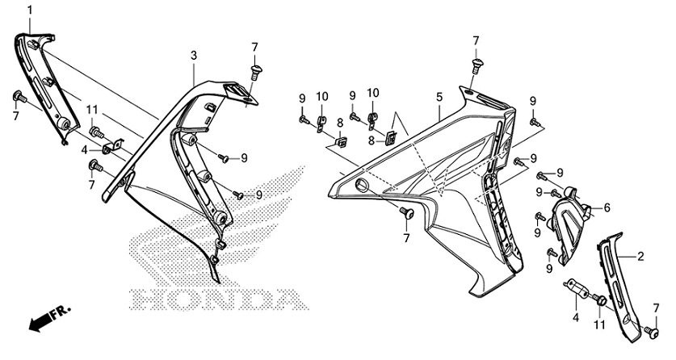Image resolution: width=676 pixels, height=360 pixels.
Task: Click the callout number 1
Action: click(x=30, y=9)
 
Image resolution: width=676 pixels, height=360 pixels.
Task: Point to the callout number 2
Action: click(x=640, y=257)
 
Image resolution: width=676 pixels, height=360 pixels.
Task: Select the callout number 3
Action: click(x=194, y=55)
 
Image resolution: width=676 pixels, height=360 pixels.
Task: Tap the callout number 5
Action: click(x=439, y=97)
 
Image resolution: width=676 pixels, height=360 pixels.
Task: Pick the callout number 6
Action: click(x=607, y=207)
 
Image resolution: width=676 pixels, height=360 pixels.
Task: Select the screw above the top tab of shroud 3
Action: click(x=254, y=71)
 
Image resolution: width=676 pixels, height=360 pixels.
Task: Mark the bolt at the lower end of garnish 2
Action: click(x=650, y=329)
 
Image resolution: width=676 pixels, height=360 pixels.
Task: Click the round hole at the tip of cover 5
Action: click(x=361, y=186)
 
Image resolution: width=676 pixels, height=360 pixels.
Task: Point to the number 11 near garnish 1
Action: click(x=92, y=110)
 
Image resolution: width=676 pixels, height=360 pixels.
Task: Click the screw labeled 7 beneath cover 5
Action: click(x=406, y=213)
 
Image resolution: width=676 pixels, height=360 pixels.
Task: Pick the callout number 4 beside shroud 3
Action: click(x=84, y=149)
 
